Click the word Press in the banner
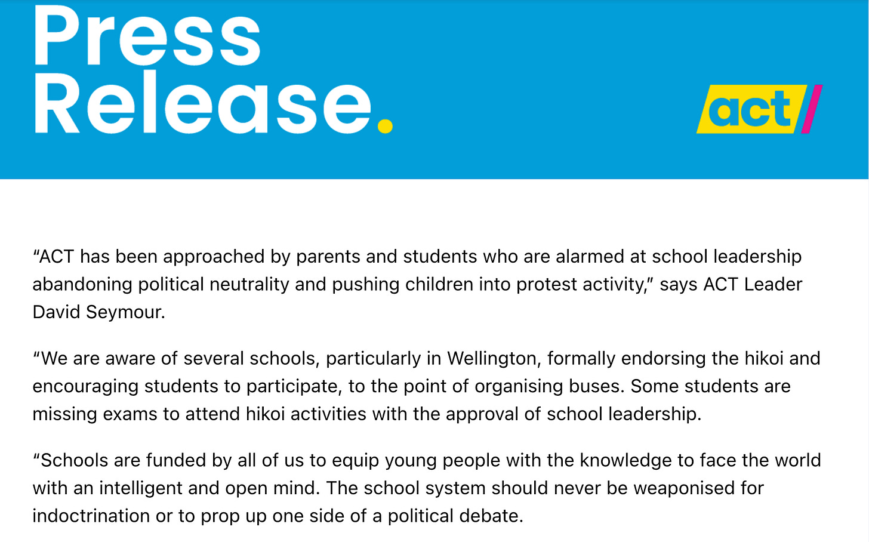pyautogui.click(x=147, y=37)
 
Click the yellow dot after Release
pyautogui.click(x=385, y=125)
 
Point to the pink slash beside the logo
pyautogui.click(x=812, y=109)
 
